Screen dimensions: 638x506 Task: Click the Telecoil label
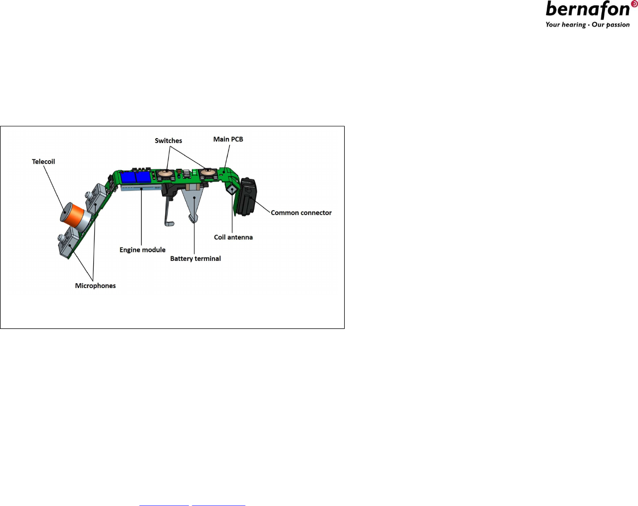click(x=43, y=162)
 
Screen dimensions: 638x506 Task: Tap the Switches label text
click(x=169, y=141)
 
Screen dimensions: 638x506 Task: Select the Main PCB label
click(x=228, y=139)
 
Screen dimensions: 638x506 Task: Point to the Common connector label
click(x=301, y=213)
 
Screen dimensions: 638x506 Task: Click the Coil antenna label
click(x=233, y=237)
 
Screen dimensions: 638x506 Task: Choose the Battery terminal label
click(x=195, y=258)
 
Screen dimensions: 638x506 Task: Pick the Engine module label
click(x=142, y=250)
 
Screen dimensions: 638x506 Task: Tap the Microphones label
click(x=95, y=286)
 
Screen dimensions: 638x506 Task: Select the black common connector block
click(x=248, y=196)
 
